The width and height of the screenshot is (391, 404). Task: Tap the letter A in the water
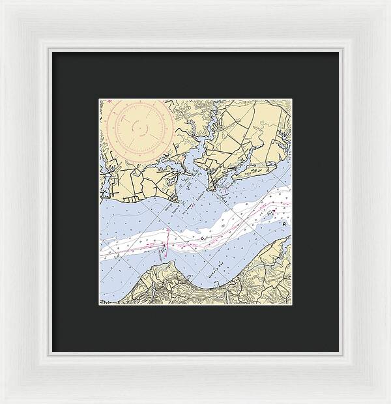284,224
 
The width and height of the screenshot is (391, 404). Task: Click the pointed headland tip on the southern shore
167,264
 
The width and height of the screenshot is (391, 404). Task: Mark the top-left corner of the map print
100,99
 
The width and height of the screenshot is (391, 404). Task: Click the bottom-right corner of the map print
291,304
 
